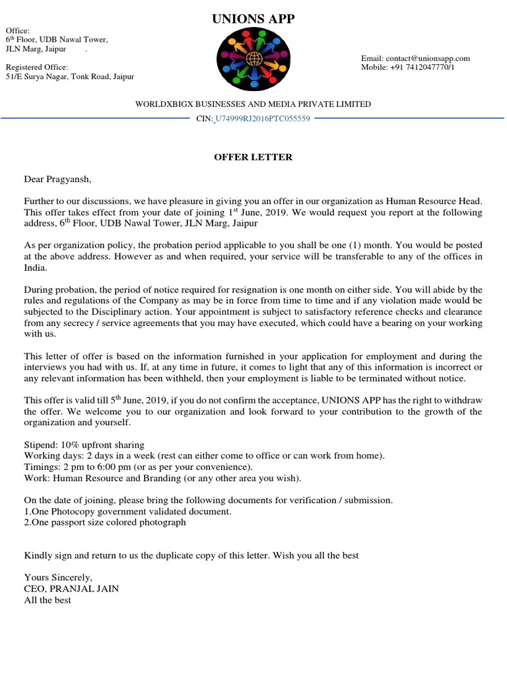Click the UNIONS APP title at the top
(x=253, y=19)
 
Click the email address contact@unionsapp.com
(x=415, y=58)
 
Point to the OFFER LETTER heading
(x=253, y=157)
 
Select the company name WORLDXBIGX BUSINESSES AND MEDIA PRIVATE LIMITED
(x=253, y=104)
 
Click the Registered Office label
(x=37, y=67)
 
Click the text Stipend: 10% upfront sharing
(x=84, y=444)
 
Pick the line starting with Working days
(x=204, y=456)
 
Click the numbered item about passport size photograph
(x=105, y=522)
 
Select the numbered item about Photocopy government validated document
(x=127, y=512)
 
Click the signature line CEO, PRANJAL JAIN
(x=71, y=589)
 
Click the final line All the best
(x=48, y=600)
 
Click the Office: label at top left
(x=18, y=30)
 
